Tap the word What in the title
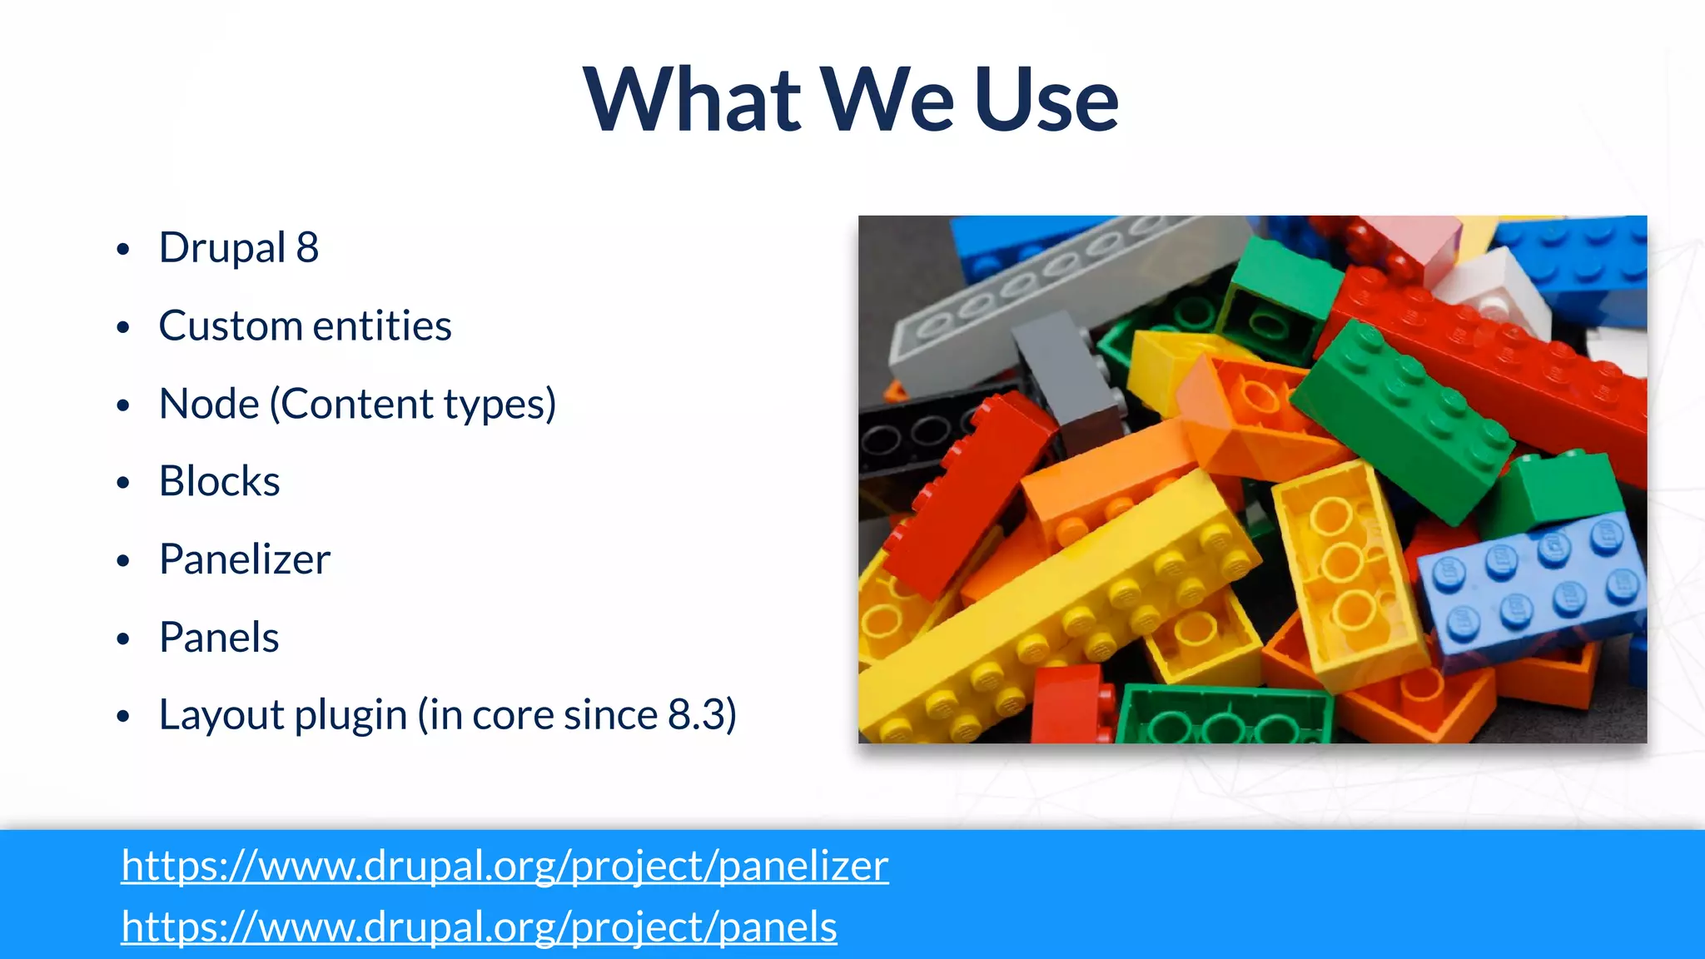point(692,100)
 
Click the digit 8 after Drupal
point(307,248)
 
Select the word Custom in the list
point(229,326)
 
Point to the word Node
point(209,405)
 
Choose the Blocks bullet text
point(220,482)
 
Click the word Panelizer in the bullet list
point(245,559)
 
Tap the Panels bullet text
point(219,638)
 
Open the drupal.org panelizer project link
point(505,866)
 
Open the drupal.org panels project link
point(479,927)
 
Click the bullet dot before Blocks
point(123,483)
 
